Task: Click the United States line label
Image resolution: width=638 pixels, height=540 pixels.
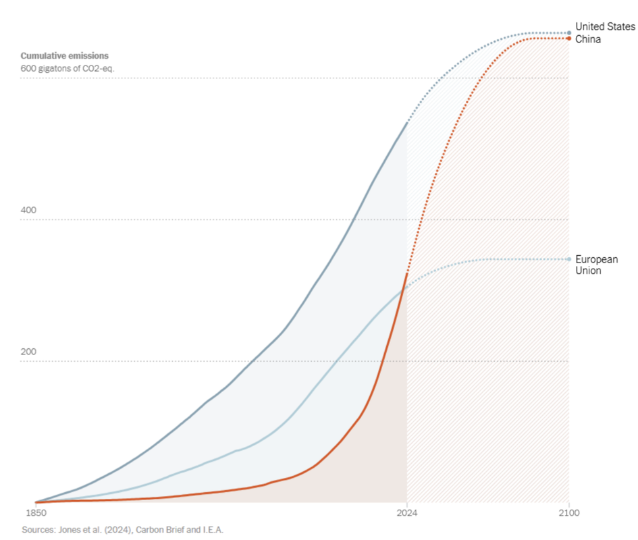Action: (x=605, y=27)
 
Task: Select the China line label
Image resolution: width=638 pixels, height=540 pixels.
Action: (x=588, y=39)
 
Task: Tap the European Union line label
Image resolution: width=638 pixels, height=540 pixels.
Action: (x=597, y=265)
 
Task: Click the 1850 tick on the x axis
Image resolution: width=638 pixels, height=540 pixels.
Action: (x=36, y=513)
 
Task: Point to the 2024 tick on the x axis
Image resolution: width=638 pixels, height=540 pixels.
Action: (x=407, y=513)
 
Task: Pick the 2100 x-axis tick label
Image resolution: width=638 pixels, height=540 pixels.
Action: (x=569, y=513)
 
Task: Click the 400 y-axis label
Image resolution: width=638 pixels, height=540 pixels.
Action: (x=28, y=210)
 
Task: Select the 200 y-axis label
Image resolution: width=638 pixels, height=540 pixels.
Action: (x=28, y=352)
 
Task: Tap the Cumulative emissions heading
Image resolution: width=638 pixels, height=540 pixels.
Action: (x=65, y=56)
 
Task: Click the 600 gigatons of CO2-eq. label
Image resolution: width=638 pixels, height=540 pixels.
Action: (x=68, y=68)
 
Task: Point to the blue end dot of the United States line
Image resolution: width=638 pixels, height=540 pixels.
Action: (x=569, y=33)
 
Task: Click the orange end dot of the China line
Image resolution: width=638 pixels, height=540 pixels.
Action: (x=569, y=38)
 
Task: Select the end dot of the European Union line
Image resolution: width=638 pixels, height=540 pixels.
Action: (x=569, y=259)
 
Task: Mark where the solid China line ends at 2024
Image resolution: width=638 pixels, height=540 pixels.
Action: (x=407, y=273)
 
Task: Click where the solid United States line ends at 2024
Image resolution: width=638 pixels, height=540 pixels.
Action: (x=407, y=122)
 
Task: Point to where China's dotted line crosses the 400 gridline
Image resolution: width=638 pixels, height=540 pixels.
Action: (x=421, y=220)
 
